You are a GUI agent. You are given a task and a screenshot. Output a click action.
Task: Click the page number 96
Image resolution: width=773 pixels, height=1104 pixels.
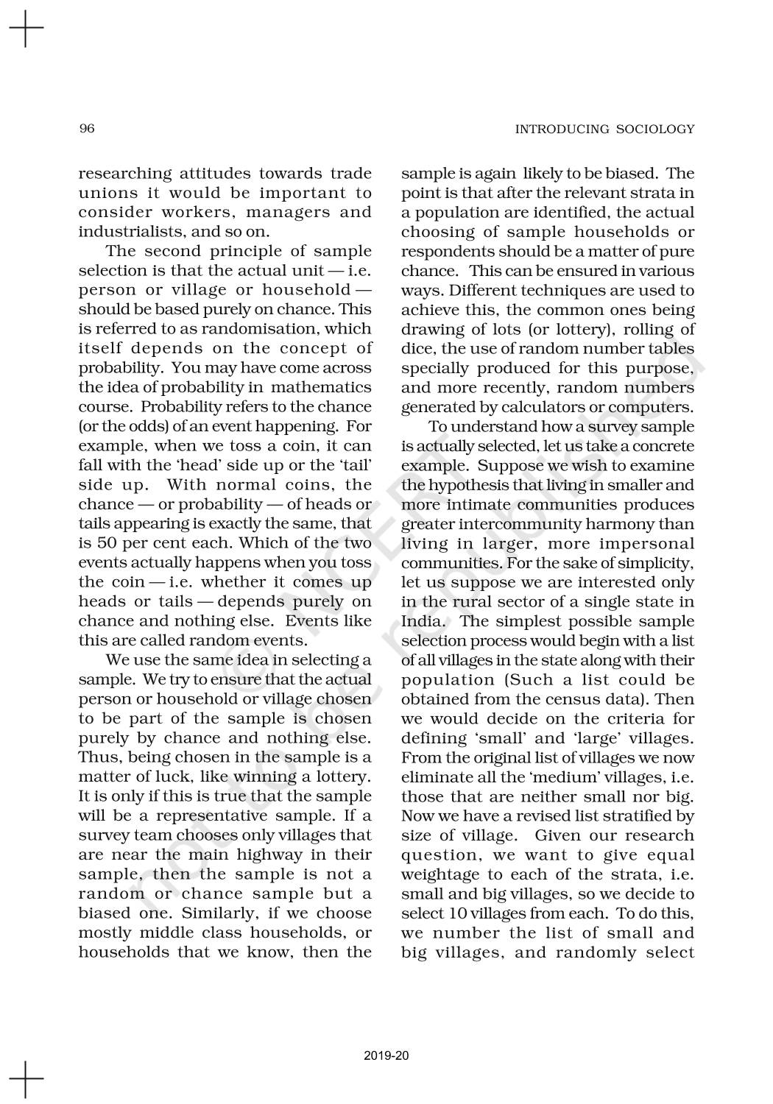(x=87, y=129)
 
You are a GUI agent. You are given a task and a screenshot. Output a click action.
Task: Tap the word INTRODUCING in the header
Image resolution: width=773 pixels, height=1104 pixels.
(x=562, y=130)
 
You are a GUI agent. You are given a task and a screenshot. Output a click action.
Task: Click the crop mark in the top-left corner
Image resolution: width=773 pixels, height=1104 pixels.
(x=25, y=29)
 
